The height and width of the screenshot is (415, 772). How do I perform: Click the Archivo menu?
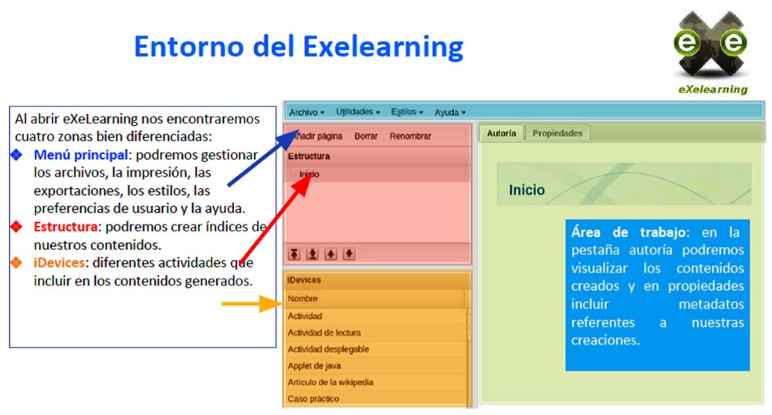[x=306, y=112]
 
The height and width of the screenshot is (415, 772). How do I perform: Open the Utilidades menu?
[x=357, y=112]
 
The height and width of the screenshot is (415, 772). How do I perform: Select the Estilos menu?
[x=407, y=112]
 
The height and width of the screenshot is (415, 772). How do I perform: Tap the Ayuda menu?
[x=449, y=112]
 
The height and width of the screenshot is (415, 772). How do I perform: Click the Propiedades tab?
[x=557, y=133]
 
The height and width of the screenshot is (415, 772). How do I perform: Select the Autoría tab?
[x=502, y=133]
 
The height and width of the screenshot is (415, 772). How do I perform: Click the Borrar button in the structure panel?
[x=366, y=137]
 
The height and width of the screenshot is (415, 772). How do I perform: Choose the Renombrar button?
[x=410, y=137]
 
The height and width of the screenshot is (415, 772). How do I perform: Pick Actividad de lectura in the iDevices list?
[x=323, y=332]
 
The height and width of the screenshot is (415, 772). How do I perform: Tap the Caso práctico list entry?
[x=313, y=399]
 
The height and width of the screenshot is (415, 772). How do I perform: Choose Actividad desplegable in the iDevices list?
[x=328, y=349]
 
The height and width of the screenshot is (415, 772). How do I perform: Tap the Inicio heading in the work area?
[x=527, y=190]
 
